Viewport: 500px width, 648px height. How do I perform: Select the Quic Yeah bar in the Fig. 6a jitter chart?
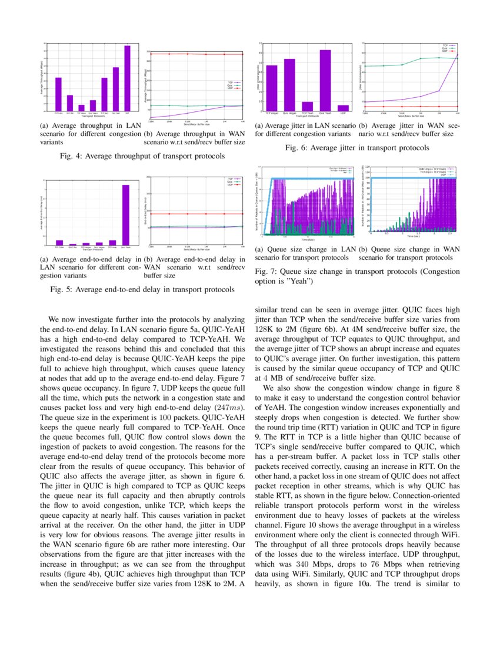(x=325, y=80)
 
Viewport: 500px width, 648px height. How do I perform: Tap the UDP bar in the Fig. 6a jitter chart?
(x=343, y=108)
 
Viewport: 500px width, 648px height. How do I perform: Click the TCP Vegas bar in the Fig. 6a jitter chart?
(x=272, y=88)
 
